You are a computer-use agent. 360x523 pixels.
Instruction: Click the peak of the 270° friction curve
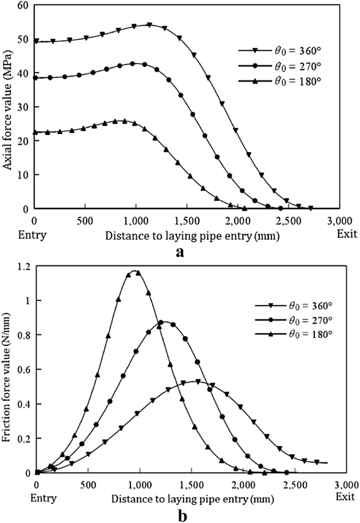[164, 322]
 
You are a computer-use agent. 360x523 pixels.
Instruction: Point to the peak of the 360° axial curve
[149, 25]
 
